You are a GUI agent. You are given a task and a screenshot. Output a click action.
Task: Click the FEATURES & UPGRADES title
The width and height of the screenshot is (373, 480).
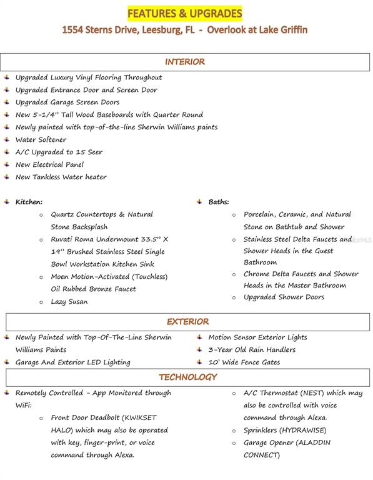pos(184,13)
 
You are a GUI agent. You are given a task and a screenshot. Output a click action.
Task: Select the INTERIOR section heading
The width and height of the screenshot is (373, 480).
pos(185,62)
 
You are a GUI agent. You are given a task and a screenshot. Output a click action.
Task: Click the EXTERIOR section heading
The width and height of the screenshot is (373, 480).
pos(187,322)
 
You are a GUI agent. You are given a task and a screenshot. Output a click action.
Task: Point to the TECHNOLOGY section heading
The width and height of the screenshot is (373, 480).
pos(187,377)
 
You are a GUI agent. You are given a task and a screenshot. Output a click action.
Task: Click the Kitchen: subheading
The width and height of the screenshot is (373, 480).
pos(29,202)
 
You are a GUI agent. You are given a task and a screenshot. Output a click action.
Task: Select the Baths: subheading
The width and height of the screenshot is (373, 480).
pos(219,202)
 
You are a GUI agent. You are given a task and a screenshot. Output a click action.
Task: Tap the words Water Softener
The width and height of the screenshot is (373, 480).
pos(41,139)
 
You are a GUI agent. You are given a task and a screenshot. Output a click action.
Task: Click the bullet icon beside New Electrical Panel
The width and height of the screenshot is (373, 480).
pos(6,164)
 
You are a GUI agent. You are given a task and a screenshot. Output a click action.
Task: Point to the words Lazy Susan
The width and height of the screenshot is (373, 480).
pos(69,302)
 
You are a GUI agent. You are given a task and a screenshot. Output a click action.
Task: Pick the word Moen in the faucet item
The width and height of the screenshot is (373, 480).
pos(61,277)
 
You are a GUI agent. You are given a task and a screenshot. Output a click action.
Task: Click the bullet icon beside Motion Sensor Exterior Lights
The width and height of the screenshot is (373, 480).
pos(199,337)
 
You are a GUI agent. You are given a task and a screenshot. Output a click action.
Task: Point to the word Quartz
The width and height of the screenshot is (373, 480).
pos(64,214)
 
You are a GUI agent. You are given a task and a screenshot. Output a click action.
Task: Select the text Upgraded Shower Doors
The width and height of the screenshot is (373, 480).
pos(284,297)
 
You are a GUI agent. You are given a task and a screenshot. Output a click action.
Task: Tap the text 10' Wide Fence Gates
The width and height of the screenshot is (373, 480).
pos(244,362)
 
